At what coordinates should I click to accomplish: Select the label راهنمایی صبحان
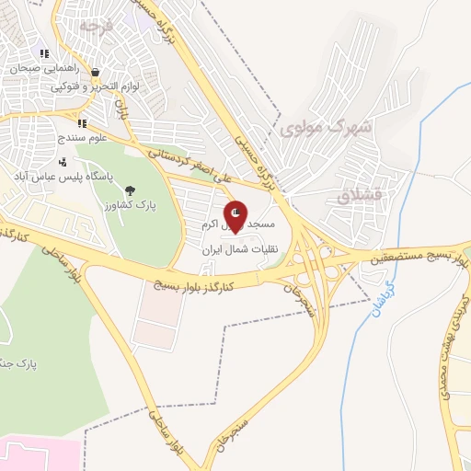click(x=44, y=68)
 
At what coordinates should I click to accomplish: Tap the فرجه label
click(x=95, y=26)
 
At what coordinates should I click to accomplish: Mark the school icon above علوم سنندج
click(x=82, y=123)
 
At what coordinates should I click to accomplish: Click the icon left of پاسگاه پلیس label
click(x=62, y=162)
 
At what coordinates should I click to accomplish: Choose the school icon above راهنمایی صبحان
click(x=44, y=53)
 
